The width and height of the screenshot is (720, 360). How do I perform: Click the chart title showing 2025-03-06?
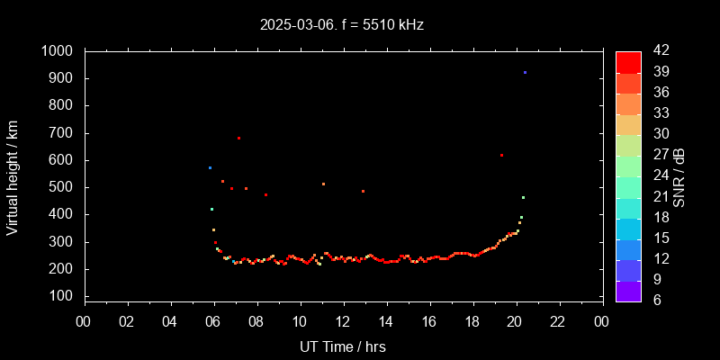pyautogui.click(x=341, y=25)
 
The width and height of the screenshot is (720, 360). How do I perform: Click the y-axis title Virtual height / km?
pyautogui.click(x=13, y=180)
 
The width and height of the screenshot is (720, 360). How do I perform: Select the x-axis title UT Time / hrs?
pyautogui.click(x=343, y=346)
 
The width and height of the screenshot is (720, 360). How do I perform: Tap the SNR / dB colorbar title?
pyautogui.click(x=679, y=176)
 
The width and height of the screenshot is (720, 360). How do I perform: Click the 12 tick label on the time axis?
pyautogui.click(x=343, y=322)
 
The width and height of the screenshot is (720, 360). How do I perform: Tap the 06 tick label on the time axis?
pyautogui.click(x=213, y=322)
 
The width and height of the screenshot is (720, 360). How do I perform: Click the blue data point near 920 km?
pyautogui.click(x=525, y=73)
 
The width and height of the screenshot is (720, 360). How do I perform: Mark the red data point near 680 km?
pyautogui.click(x=238, y=138)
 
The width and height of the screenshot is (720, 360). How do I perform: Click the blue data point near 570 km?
pyautogui.click(x=211, y=167)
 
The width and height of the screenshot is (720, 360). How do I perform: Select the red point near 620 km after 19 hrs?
pyautogui.click(x=501, y=155)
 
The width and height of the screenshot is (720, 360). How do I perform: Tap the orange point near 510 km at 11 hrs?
pyautogui.click(x=323, y=184)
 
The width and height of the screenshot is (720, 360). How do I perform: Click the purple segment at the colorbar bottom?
pyautogui.click(x=628, y=291)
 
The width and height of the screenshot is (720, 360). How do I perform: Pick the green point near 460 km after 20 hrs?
pyautogui.click(x=523, y=197)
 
